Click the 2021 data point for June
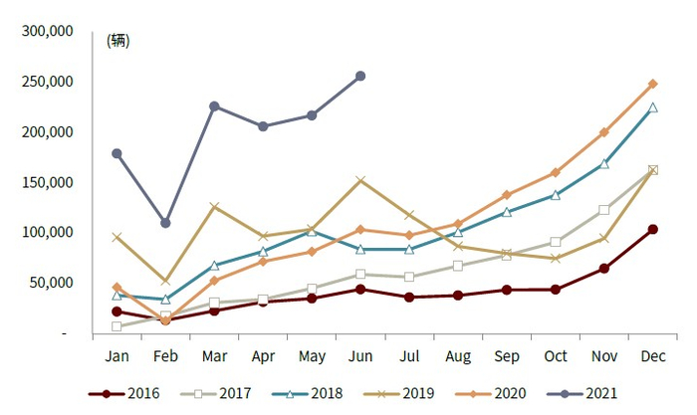point(360,76)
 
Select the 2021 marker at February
point(165,223)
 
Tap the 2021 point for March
point(214,106)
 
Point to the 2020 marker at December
point(653,84)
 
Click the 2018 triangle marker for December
point(653,107)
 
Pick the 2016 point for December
point(653,229)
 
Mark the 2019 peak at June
point(360,180)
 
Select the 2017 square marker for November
point(604,210)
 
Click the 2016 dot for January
point(116,311)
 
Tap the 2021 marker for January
point(116,153)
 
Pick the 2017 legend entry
point(214,394)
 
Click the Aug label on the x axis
point(458,355)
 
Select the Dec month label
point(653,355)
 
